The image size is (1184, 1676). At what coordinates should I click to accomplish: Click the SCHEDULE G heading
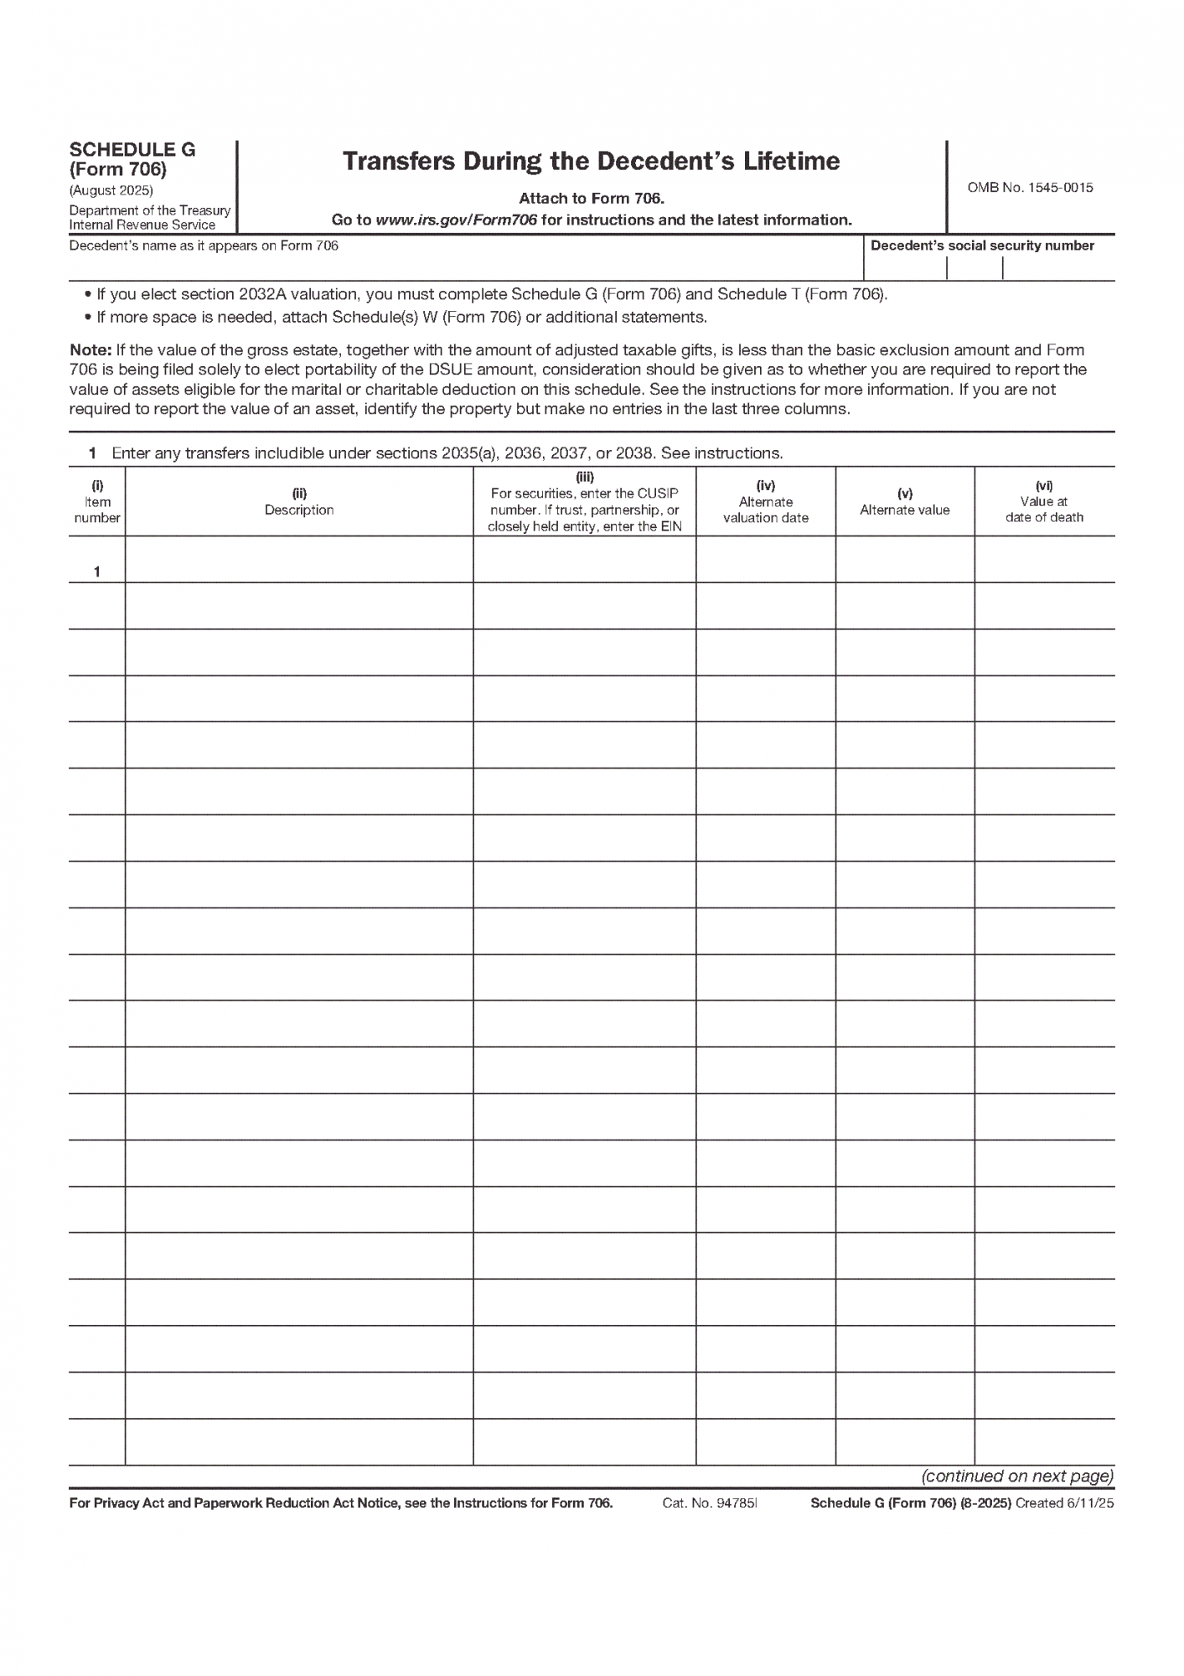click(132, 150)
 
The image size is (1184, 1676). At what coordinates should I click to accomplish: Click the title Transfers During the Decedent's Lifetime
click(591, 162)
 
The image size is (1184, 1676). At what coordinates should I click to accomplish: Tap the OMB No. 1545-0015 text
click(1030, 188)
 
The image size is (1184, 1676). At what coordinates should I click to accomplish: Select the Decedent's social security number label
click(982, 246)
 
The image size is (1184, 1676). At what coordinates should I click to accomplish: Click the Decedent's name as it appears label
click(204, 246)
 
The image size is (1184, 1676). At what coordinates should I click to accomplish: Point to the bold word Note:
click(90, 350)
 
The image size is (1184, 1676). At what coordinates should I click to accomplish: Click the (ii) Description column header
click(299, 502)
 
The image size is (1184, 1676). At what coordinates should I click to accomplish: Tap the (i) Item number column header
click(97, 502)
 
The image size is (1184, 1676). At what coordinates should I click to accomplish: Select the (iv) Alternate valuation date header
click(765, 502)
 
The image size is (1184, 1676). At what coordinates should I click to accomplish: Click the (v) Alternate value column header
click(904, 502)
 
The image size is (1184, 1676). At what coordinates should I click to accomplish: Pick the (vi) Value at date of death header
click(1044, 502)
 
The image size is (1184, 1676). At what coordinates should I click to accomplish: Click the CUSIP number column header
click(584, 502)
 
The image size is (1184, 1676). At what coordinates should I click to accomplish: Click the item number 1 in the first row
click(97, 572)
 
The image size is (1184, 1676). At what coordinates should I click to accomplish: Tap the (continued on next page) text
click(1017, 1476)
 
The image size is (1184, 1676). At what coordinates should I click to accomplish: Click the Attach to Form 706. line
click(591, 199)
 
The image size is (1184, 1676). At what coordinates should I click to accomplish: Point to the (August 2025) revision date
click(111, 190)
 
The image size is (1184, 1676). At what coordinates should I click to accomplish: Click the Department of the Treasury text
click(149, 210)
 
